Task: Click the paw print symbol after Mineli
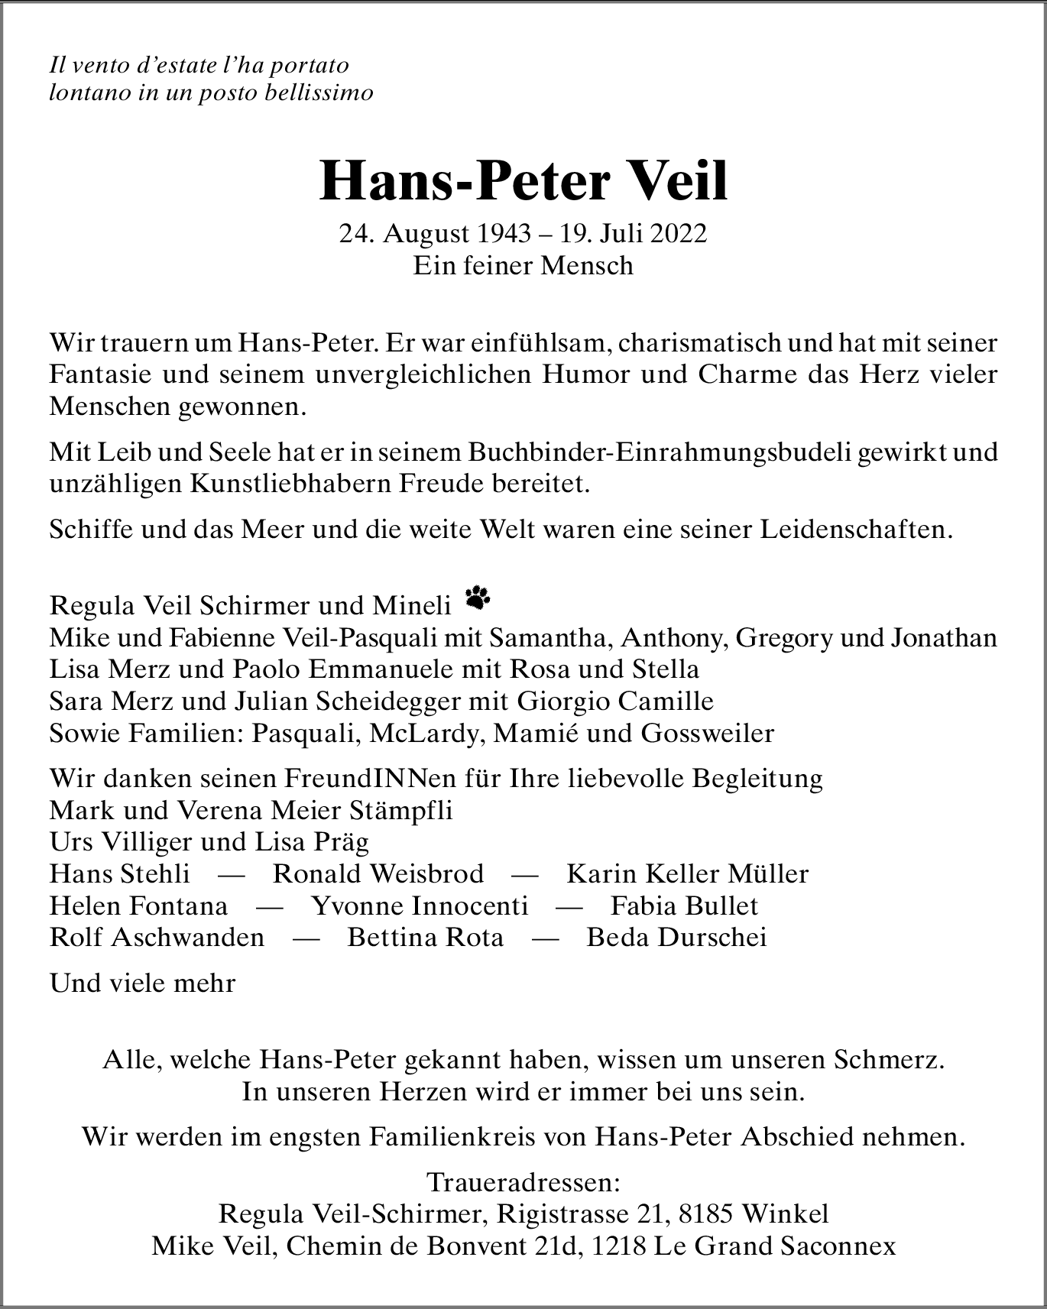pos(478,597)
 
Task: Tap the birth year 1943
pos(503,234)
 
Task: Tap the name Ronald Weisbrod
pos(378,873)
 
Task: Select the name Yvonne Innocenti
pos(420,906)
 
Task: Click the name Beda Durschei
pos(676,938)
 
